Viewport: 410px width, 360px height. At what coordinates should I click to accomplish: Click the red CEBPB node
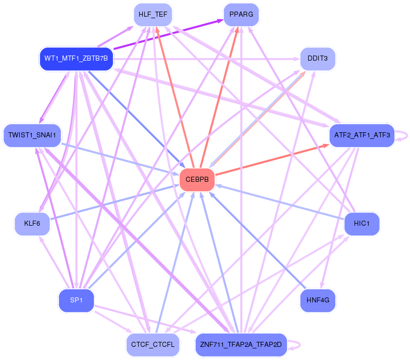click(197, 180)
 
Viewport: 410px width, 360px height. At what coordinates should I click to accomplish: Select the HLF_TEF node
click(150, 15)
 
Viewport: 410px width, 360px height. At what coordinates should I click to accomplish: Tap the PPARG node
click(241, 15)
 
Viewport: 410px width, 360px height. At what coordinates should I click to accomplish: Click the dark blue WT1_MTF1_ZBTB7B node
click(76, 59)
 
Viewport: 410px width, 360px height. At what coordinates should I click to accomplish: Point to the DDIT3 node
click(318, 59)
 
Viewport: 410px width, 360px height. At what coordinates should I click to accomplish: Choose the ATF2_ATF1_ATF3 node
click(362, 135)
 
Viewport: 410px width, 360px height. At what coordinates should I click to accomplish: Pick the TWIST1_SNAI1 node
click(32, 135)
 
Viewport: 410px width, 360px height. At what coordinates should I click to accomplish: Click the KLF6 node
click(32, 223)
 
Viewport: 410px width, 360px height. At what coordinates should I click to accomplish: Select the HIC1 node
click(362, 223)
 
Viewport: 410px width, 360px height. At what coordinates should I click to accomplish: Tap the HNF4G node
click(318, 300)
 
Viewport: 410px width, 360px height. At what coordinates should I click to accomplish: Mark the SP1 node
click(76, 300)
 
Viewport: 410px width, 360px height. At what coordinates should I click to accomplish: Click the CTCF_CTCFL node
click(153, 345)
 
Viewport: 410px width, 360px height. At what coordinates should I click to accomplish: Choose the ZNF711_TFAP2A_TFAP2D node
click(241, 345)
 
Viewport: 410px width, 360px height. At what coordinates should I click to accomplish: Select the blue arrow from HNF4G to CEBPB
click(257, 240)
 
